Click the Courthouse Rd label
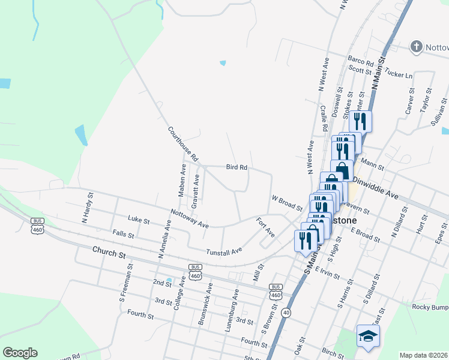click(x=183, y=144)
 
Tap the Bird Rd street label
click(x=237, y=167)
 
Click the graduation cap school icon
click(x=367, y=335)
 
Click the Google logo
click(x=19, y=352)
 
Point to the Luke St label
click(x=138, y=220)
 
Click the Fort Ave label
click(x=265, y=227)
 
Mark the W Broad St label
click(x=286, y=203)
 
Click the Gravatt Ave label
click(x=196, y=191)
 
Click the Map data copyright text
click(x=424, y=355)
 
